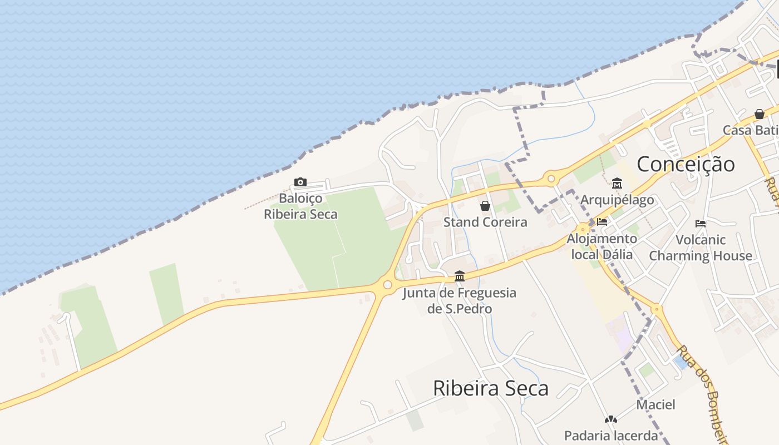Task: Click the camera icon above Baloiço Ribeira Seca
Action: point(300,182)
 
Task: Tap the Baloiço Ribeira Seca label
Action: point(300,206)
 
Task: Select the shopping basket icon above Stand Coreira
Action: point(485,206)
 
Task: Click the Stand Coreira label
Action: point(485,222)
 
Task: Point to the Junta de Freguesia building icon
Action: point(460,276)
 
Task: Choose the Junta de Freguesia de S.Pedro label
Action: point(460,300)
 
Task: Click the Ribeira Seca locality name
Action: point(491,388)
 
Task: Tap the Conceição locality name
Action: point(686,164)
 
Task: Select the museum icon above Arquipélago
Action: point(617,183)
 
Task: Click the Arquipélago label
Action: point(617,200)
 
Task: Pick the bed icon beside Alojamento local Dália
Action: point(602,222)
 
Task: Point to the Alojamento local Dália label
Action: point(602,246)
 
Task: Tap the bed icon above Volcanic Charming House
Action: point(701,224)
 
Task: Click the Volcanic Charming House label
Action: point(701,248)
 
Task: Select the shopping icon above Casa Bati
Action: point(760,114)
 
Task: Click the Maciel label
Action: point(656,405)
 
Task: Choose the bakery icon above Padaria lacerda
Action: point(611,419)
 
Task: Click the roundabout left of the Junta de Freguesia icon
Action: point(387,285)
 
